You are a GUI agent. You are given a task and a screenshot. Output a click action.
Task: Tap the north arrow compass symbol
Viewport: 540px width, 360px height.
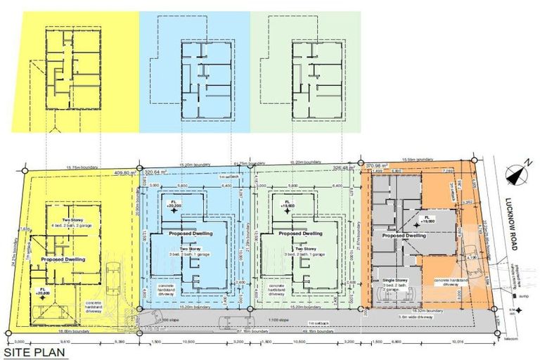pyautogui.click(x=517, y=168)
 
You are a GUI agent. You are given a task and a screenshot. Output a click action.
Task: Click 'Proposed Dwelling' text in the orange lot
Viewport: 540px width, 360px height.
pyautogui.click(x=404, y=236)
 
